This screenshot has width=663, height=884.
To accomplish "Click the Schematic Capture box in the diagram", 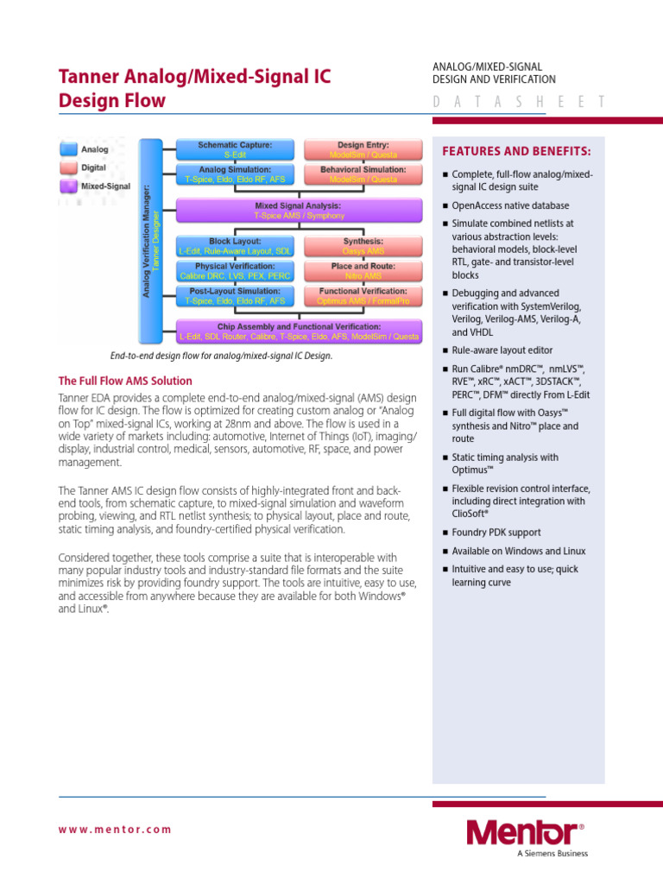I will coord(235,149).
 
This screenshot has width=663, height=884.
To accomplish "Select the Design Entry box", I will coord(363,149).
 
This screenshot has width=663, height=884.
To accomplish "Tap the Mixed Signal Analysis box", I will coord(298,211).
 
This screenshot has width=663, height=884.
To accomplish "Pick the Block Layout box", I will coord(235,246).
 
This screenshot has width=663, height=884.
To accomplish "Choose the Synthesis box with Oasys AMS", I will coord(363,246).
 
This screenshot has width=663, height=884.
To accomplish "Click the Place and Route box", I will coord(363,271).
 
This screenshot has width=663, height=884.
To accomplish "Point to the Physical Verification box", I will coord(235,271).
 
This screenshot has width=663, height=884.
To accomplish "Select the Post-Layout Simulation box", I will coord(235,296).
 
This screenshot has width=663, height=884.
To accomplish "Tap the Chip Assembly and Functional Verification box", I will coord(298,331).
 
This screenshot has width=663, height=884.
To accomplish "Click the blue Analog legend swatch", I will coord(68,149).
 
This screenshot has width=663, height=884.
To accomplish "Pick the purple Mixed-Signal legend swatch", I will coord(68,185).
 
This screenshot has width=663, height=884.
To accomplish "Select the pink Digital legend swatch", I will coord(68,167).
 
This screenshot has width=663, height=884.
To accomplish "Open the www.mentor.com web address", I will coord(115,830).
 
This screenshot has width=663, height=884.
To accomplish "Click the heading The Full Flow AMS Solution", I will coord(125,381).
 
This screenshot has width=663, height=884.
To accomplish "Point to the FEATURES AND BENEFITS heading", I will coord(516,152).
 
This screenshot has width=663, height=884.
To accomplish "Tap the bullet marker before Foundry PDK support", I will coord(445,534).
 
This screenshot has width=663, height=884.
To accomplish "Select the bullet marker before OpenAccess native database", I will coord(445,206).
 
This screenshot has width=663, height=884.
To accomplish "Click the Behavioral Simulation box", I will coord(363,174).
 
